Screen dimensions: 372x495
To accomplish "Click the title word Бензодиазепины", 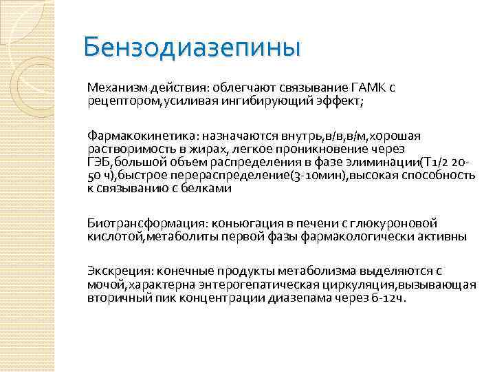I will [192, 48].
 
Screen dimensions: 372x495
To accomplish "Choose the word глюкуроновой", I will [399, 223].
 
